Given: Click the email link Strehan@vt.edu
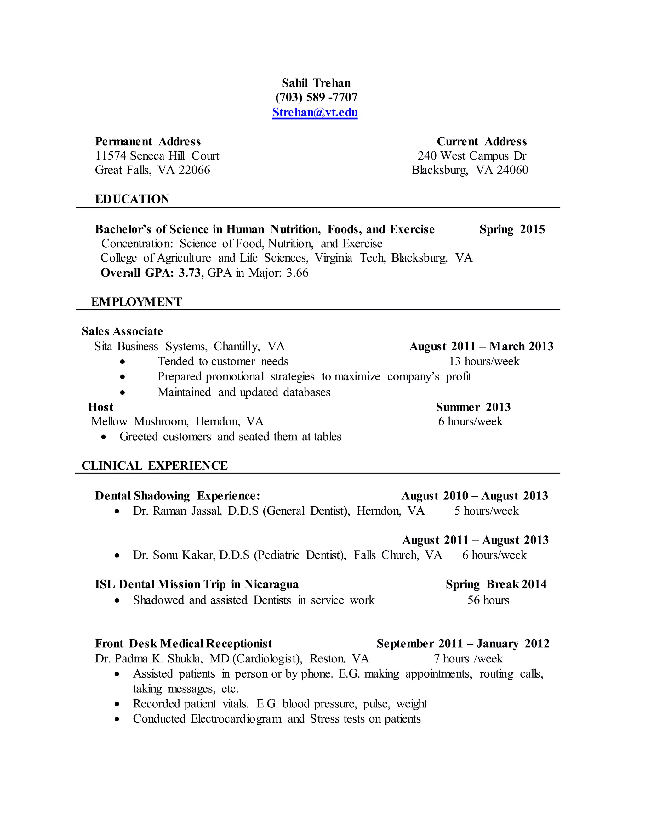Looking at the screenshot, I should click(315, 112).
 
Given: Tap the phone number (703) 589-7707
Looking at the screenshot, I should click(317, 97).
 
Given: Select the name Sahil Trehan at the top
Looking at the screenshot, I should click(316, 83).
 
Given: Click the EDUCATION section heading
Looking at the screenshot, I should click(132, 199).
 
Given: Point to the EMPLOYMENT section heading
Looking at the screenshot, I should click(136, 302).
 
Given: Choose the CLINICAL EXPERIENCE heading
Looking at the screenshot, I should click(154, 465).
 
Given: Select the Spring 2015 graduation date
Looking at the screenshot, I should click(512, 229).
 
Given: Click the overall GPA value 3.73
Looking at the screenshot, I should click(190, 273).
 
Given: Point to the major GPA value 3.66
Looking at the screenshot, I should click(297, 273).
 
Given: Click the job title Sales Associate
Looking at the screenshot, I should click(122, 331).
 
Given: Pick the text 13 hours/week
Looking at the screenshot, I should click(484, 361).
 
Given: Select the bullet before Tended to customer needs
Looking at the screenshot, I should click(122, 362).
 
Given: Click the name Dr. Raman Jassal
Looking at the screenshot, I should click(177, 510).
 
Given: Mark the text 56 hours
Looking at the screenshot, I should click(488, 600).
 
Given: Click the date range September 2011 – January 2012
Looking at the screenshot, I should click(463, 644).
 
